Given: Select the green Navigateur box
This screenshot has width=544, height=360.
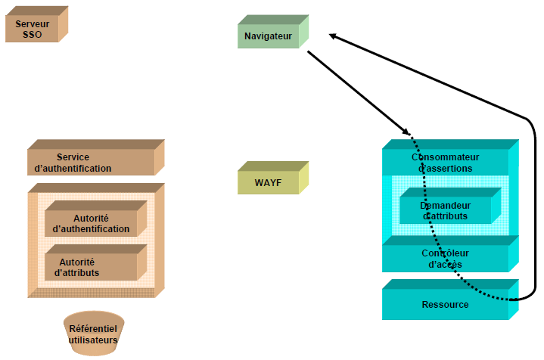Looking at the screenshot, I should coord(269,36).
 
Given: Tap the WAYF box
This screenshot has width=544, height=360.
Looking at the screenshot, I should coord(268,182).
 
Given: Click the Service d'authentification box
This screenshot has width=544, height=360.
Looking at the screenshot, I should coord(91,163).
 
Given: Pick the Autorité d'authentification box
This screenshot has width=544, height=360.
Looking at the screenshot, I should coord(96,223).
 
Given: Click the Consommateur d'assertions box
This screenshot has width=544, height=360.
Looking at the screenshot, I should coord(446,163).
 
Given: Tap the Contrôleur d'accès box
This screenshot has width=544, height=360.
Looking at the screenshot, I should coord(446,258).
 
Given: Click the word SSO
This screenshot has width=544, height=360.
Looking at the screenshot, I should coord(33,35).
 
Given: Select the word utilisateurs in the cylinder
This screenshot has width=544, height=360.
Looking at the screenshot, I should coord(93,340).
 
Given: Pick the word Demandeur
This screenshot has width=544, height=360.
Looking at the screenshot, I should coord(446,205).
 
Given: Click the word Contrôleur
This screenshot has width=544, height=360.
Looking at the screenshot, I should coord(446,253).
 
